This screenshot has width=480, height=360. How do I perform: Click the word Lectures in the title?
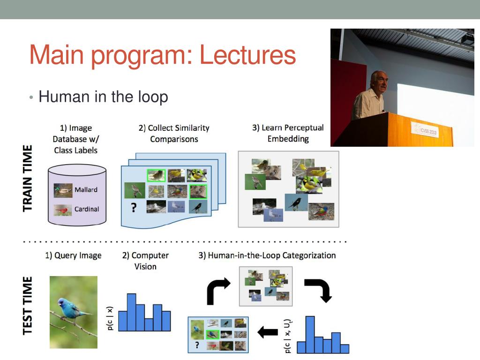coord(247,55)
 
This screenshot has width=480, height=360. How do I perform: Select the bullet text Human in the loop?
coord(103,97)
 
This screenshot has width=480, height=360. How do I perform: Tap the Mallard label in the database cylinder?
coord(86,190)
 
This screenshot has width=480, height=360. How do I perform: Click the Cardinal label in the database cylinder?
coord(87,209)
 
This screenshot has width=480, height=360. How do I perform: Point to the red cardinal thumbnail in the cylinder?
coord(63,210)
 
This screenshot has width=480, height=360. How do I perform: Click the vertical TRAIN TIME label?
coord(28,178)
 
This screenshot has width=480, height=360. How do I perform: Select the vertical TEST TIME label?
coord(28,305)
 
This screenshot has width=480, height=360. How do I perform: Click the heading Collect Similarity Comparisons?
coord(174,134)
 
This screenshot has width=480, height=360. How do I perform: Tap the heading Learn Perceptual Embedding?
coord(288,133)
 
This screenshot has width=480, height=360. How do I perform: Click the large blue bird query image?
coord(74,312)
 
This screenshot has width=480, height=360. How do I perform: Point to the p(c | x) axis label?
coord(110,318)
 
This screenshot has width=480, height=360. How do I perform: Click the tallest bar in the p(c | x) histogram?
coord(132,312)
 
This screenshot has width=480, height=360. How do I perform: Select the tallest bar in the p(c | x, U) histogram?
coord(310,334)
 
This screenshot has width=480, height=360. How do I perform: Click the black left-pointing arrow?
coord(268,332)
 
